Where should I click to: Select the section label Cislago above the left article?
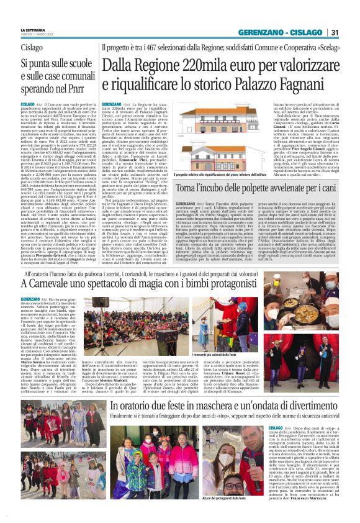pyautogui.click(x=32, y=47)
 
